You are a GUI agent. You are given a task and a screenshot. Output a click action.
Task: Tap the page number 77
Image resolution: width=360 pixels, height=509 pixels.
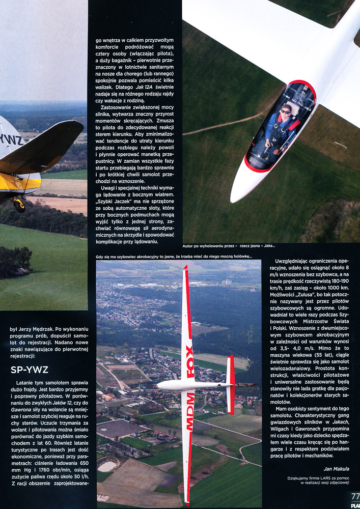[x=355, y=497]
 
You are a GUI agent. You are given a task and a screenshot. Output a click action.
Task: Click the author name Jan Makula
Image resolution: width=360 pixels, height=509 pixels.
[x=335, y=469]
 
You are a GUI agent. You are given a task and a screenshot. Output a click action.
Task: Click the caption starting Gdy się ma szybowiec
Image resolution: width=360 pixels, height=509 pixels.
[x=174, y=257]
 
